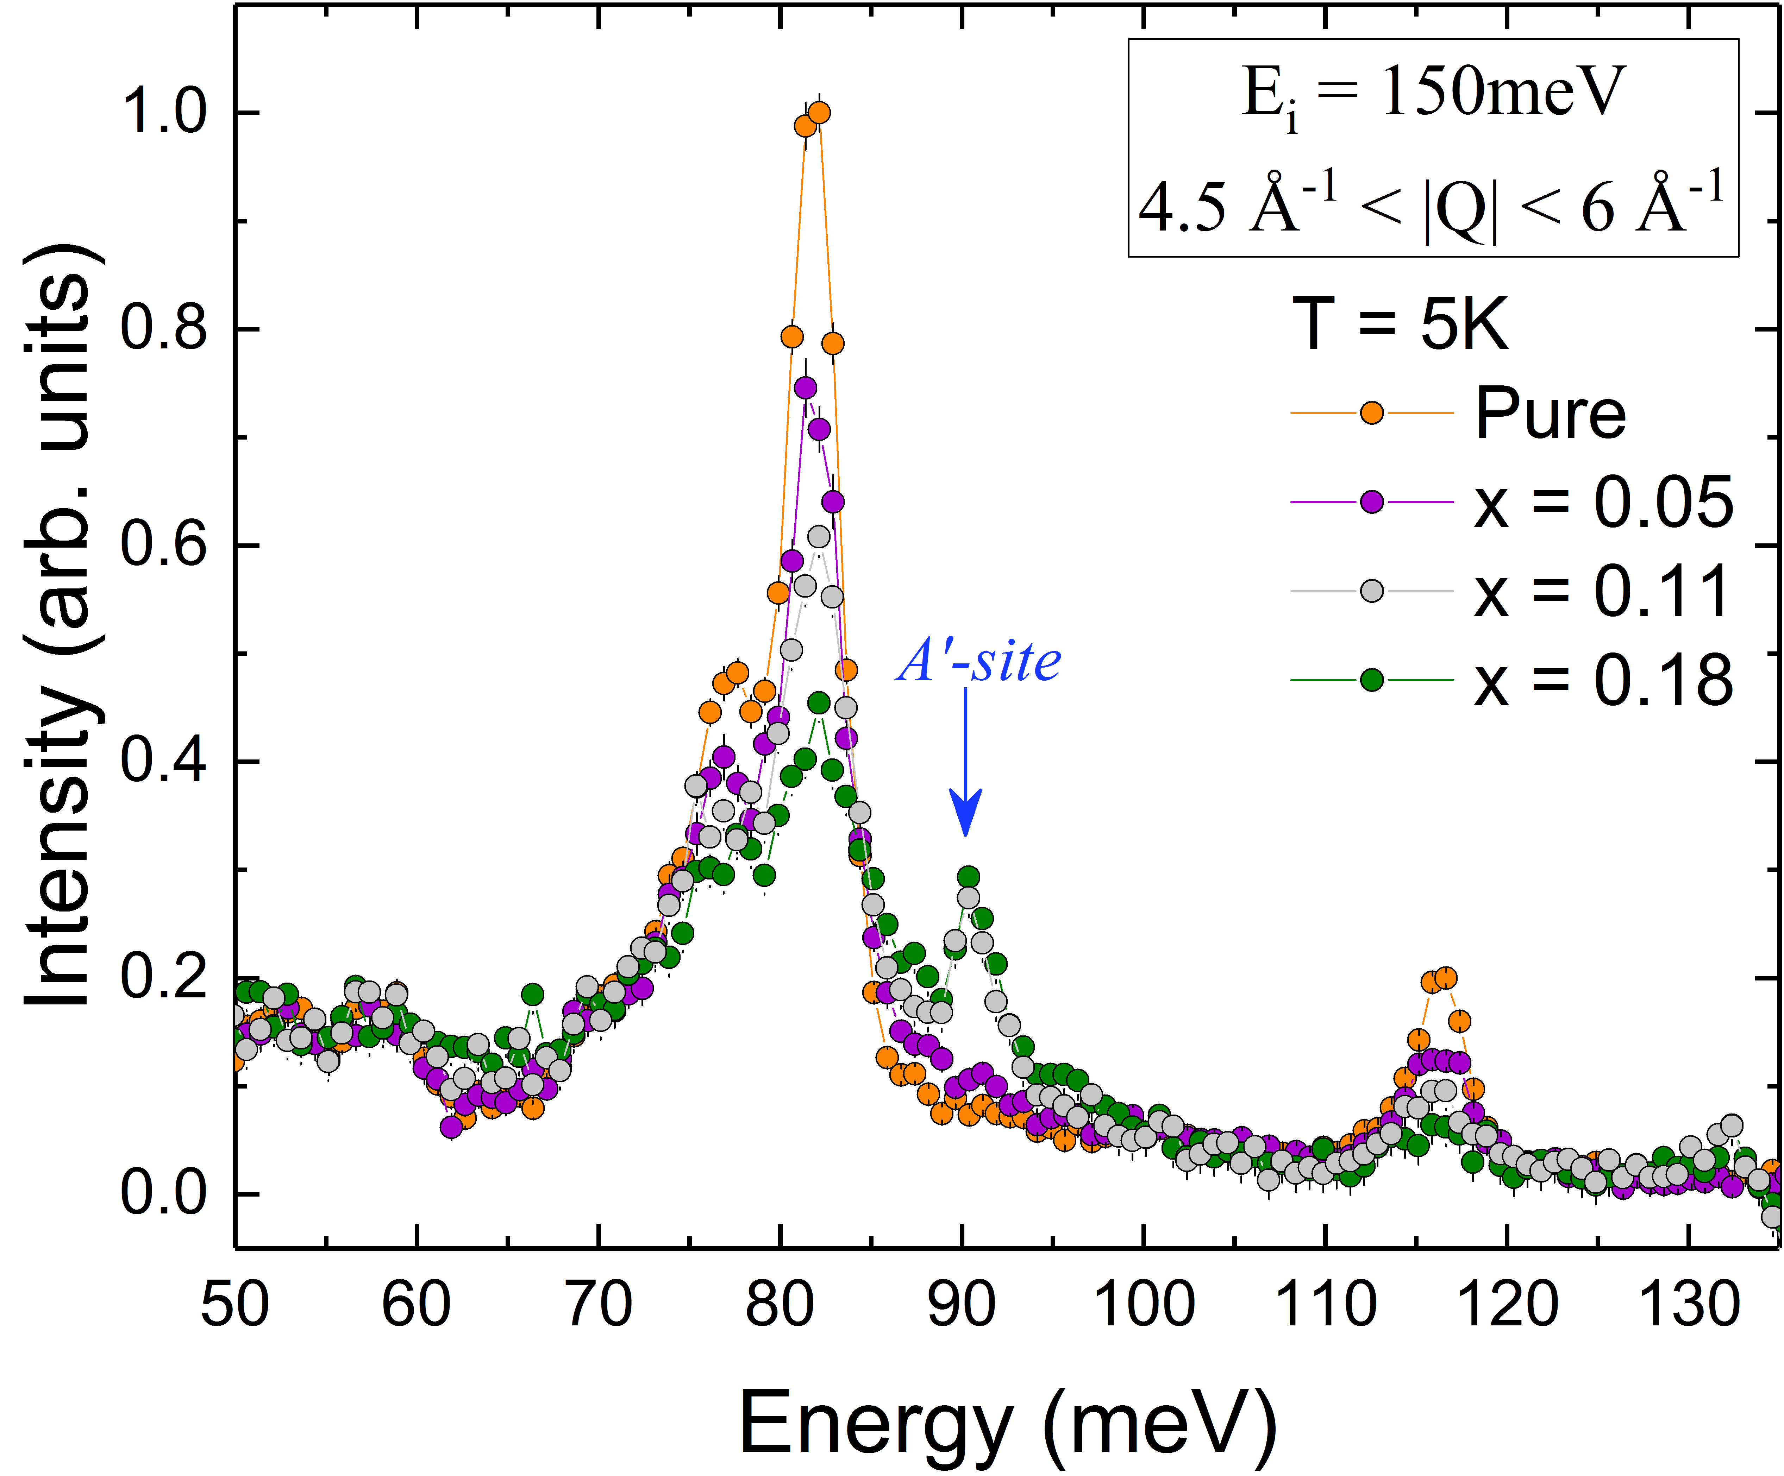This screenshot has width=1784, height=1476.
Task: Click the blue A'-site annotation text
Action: tap(979, 662)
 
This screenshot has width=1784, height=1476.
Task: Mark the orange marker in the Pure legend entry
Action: tap(1372, 414)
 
